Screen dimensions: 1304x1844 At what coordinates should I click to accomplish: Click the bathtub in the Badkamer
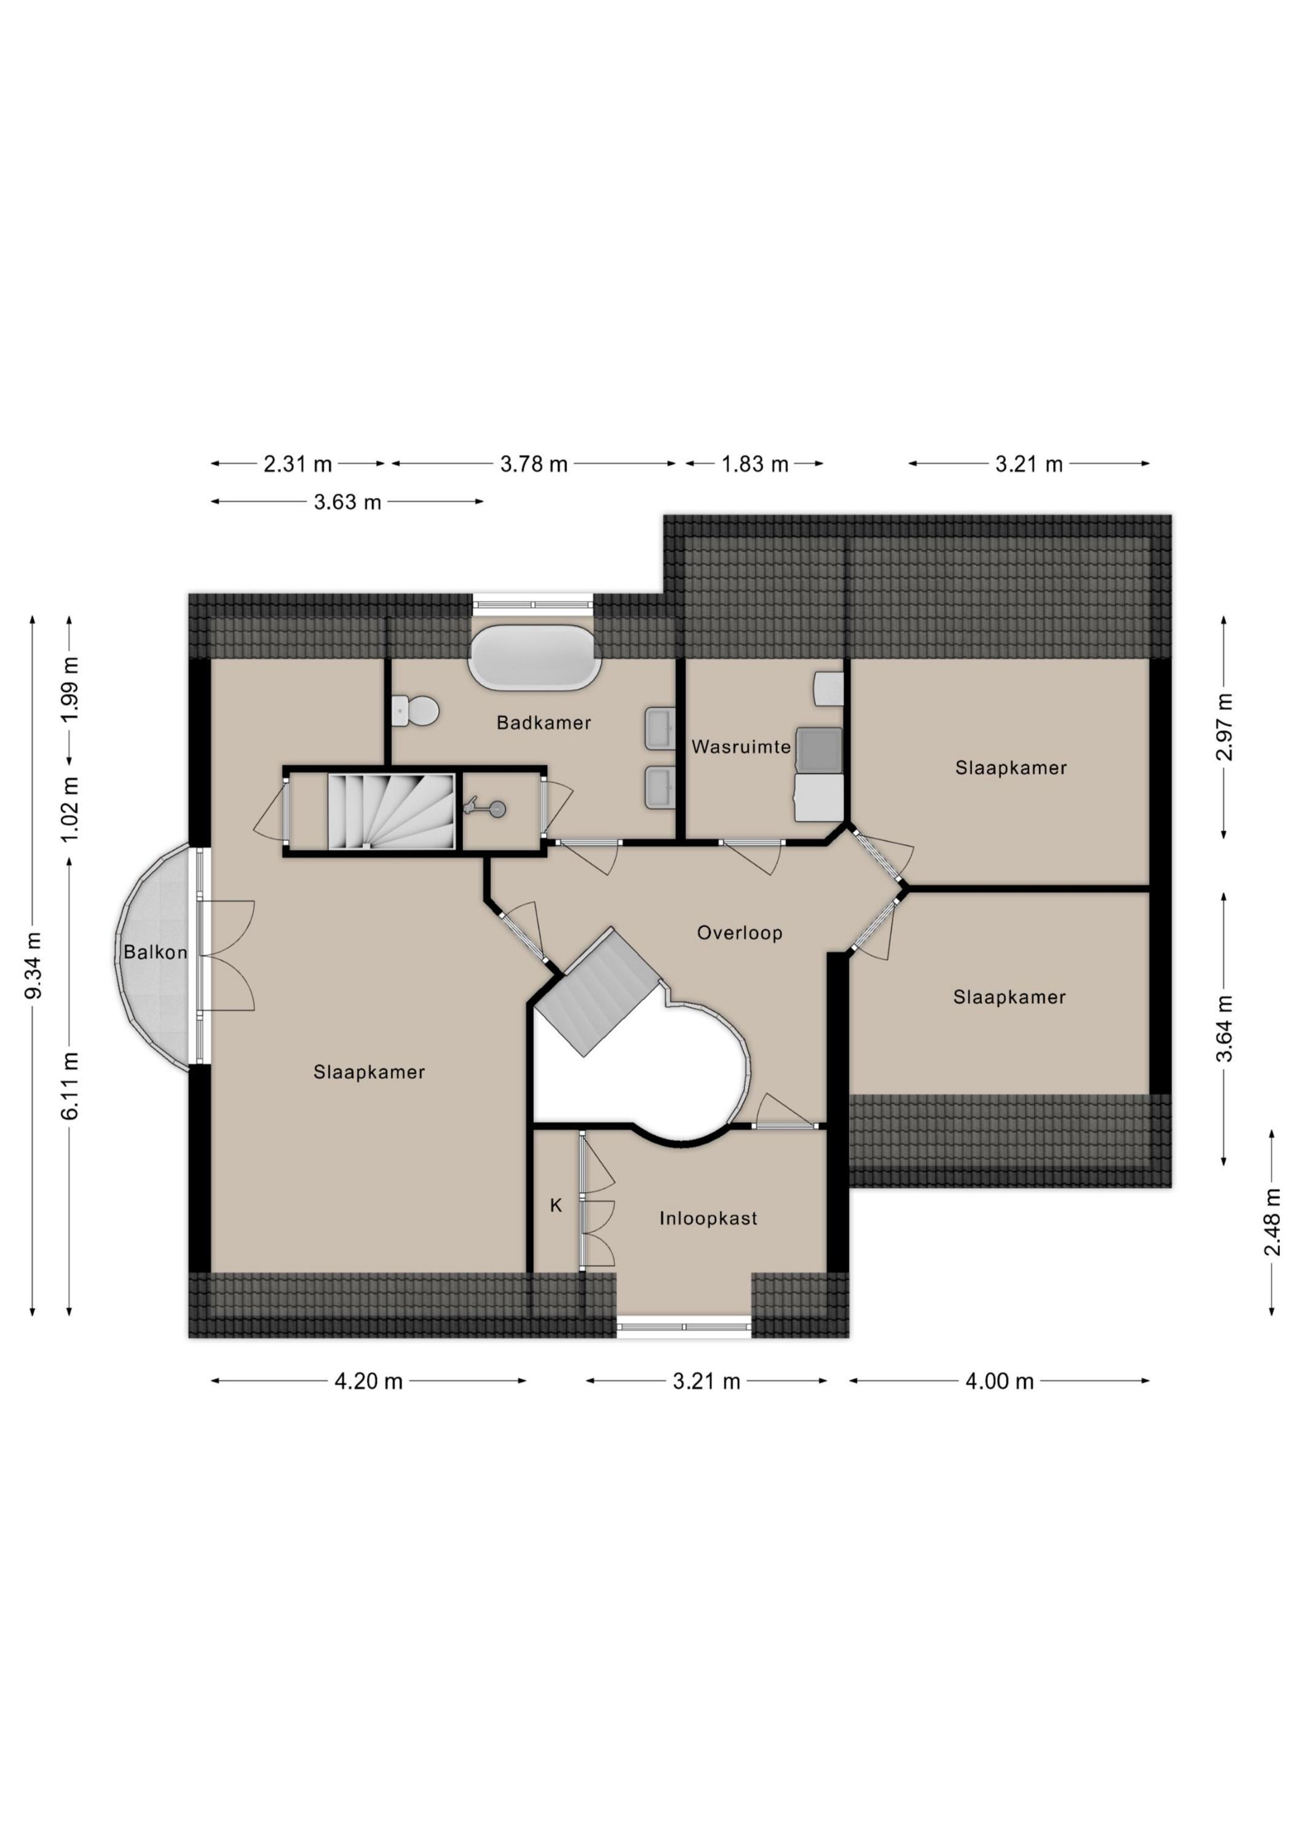point(534,657)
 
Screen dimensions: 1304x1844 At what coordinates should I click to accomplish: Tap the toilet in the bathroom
point(416,710)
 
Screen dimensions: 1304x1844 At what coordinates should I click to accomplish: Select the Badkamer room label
point(544,723)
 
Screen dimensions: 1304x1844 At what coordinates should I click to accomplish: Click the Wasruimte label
point(741,747)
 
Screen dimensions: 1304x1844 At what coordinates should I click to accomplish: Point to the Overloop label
point(739,932)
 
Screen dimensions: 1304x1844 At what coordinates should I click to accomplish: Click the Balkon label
point(155,953)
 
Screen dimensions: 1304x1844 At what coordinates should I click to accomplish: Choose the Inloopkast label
point(708,1218)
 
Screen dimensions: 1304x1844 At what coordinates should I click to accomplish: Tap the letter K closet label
point(555,1205)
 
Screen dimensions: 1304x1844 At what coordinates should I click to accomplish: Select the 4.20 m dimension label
point(369,1381)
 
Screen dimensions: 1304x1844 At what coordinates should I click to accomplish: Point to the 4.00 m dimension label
point(1000,1381)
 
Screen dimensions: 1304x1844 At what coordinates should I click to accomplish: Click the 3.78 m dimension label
point(534,464)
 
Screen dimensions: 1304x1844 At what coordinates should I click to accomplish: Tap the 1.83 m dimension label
point(754,464)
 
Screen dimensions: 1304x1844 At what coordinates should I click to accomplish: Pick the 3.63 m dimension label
point(347,503)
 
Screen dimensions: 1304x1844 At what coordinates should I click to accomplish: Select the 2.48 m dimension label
point(1272,1223)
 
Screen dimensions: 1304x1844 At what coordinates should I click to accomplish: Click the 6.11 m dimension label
point(70,1085)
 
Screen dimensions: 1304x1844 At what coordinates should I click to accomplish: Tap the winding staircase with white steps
point(393,811)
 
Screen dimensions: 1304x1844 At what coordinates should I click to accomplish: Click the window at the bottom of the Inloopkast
point(684,1327)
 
